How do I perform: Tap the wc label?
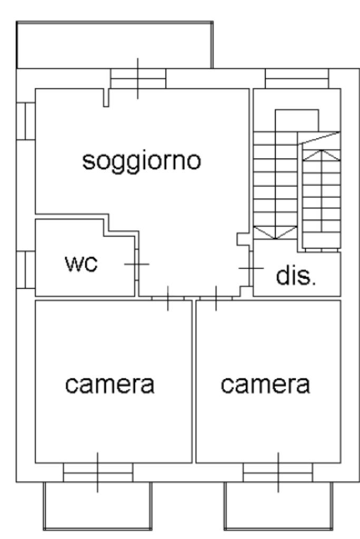82,263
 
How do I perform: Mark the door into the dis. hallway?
250,269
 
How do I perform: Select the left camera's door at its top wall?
168,298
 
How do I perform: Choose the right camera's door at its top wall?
216,298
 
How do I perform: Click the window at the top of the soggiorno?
138,79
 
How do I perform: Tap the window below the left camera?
98,472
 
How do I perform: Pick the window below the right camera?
278,472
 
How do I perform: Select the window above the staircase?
297,79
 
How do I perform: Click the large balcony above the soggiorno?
115,45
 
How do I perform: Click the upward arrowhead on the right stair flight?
321,154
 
